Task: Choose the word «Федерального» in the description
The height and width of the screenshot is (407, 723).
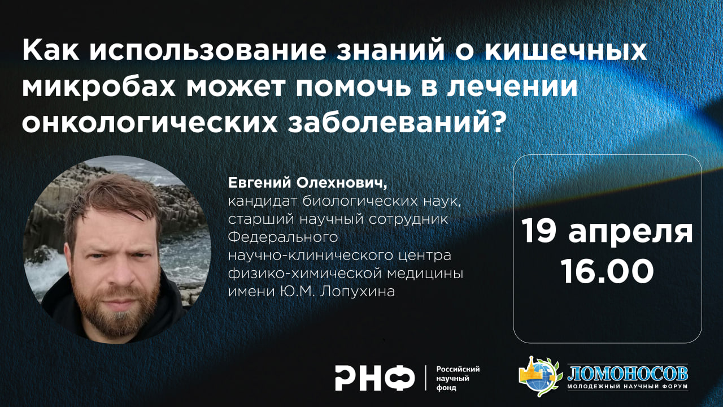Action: (282, 237)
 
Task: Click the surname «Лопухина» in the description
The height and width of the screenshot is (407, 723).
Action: (362, 292)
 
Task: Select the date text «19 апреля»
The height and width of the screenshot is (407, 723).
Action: (607, 232)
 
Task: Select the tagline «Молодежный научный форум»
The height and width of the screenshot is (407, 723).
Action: (627, 387)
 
